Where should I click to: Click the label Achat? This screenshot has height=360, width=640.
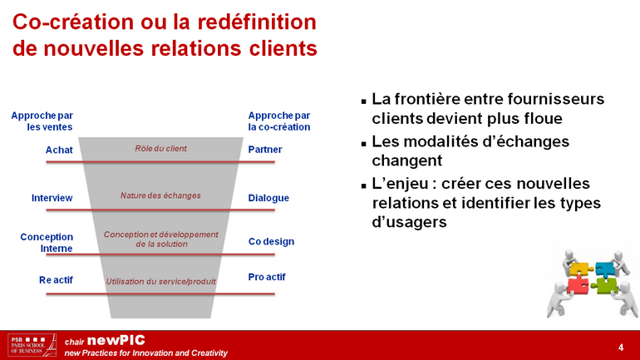pyautogui.click(x=59, y=150)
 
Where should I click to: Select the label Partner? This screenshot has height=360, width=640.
pyautogui.click(x=265, y=150)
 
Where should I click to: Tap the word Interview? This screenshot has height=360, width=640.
pyautogui.click(x=52, y=198)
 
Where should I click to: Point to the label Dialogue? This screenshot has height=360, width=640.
pyautogui.click(x=268, y=198)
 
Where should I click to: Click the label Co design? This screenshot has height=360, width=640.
pyautogui.click(x=272, y=242)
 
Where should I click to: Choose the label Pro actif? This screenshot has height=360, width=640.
pyautogui.click(x=267, y=277)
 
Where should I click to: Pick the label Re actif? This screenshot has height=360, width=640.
pyautogui.click(x=56, y=280)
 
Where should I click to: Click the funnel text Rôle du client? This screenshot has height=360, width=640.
pyautogui.click(x=160, y=149)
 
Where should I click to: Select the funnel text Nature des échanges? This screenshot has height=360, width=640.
pyautogui.click(x=160, y=195)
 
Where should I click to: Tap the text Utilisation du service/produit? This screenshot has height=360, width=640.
pyautogui.click(x=160, y=281)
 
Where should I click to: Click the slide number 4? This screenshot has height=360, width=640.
pyautogui.click(x=621, y=348)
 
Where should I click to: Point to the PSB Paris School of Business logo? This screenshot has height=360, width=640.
pyautogui.click(x=32, y=345)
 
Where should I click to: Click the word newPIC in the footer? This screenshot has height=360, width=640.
pyautogui.click(x=116, y=340)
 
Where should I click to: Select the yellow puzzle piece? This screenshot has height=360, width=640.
pyautogui.click(x=580, y=269)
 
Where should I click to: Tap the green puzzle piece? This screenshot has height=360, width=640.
pyautogui.click(x=605, y=285)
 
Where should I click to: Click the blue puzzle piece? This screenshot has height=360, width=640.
pyautogui.click(x=604, y=269)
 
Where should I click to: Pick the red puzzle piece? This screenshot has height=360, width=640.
pyautogui.click(x=578, y=285)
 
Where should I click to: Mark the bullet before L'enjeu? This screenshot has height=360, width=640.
pyautogui.click(x=364, y=186)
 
